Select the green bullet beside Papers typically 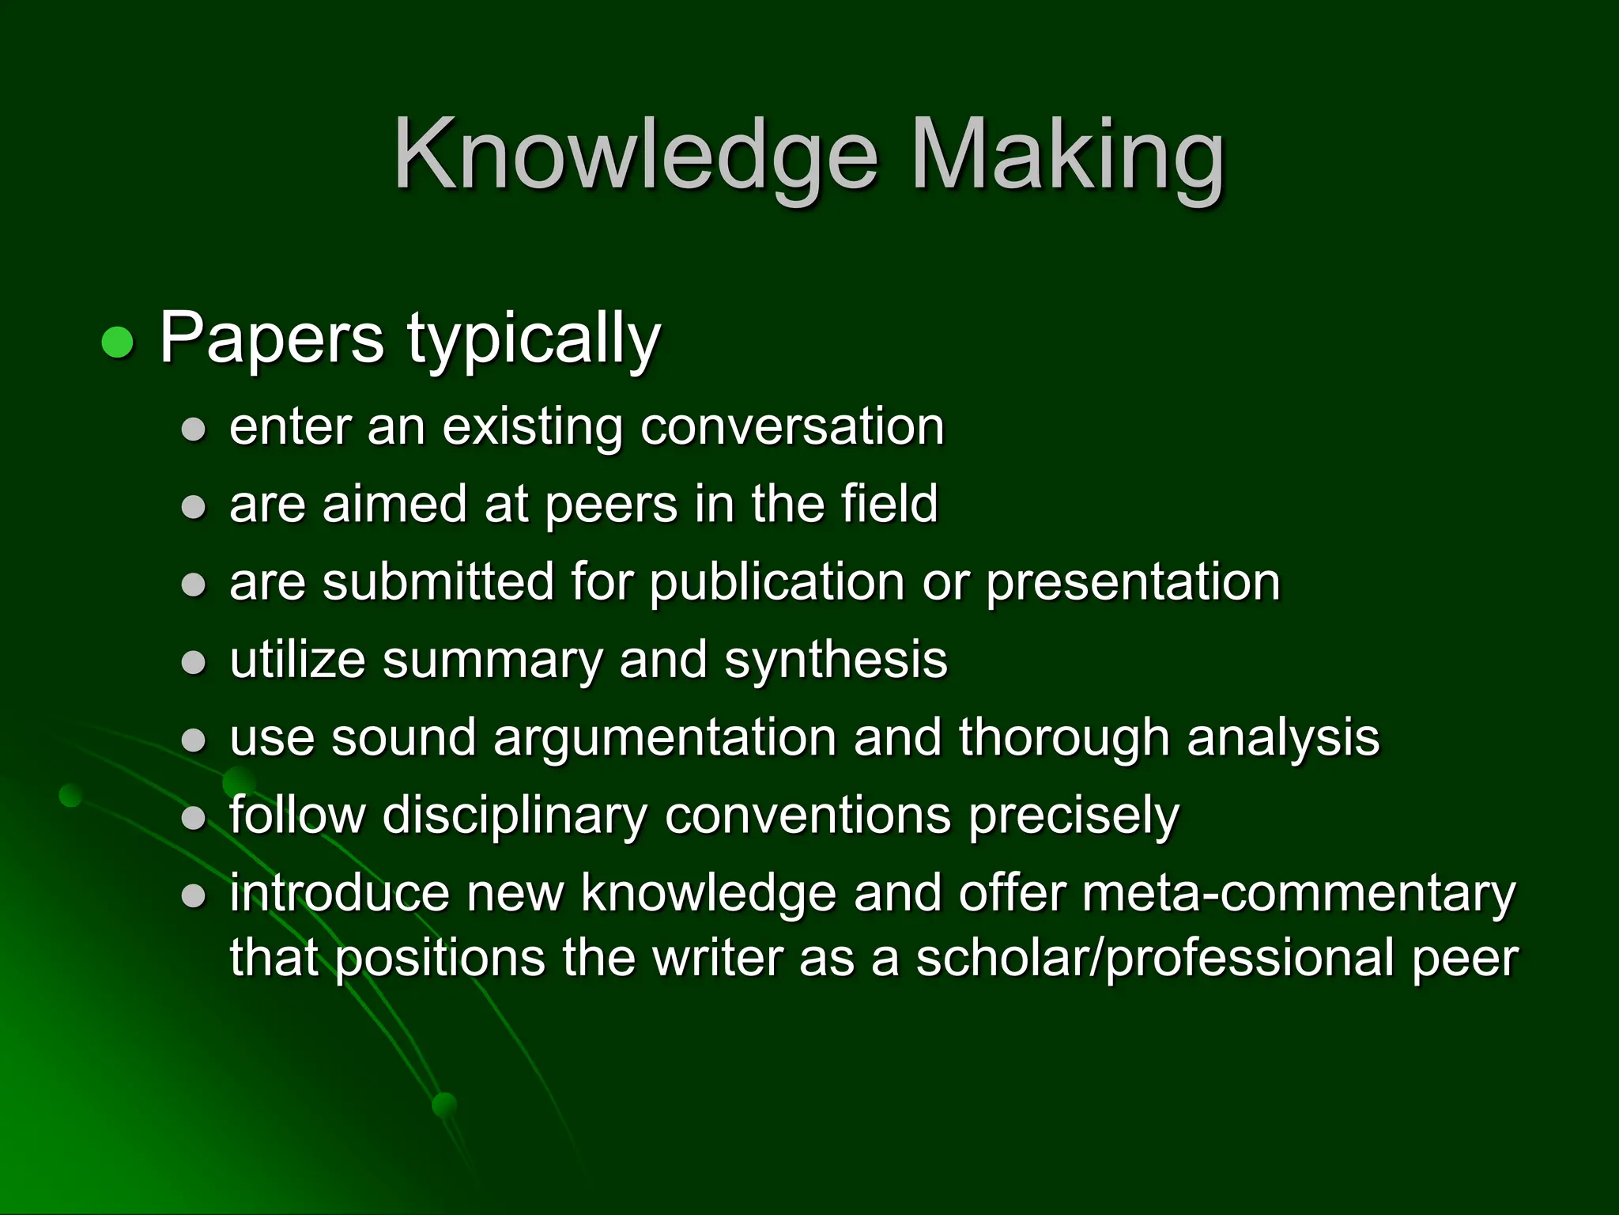pos(119,343)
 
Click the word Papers pos(272,339)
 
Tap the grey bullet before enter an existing pos(194,430)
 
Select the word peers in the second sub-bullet pos(612,505)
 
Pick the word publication pos(777,583)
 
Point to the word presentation pos(1133,583)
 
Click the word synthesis pos(836,660)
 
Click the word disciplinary pos(515,816)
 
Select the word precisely pos(1074,816)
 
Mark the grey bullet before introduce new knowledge pos(194,896)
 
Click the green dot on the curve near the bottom pos(445,1104)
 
